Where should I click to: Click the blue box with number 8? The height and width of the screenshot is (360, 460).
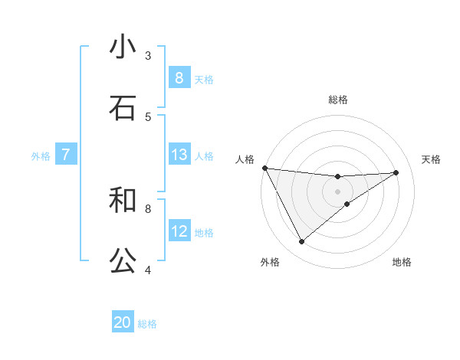click(x=179, y=77)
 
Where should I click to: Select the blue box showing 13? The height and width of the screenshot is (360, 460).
click(x=179, y=155)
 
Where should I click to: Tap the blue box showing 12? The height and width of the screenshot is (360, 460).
click(x=179, y=231)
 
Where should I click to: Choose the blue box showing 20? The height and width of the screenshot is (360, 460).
click(x=123, y=322)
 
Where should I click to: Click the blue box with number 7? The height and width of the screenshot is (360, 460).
click(x=66, y=155)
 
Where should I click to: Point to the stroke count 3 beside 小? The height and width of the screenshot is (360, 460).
click(x=148, y=55)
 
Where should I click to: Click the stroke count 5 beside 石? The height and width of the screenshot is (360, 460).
click(x=148, y=116)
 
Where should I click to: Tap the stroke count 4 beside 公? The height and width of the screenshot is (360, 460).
click(x=148, y=270)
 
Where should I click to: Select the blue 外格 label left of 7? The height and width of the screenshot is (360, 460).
click(x=41, y=155)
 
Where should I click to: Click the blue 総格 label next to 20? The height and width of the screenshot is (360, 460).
click(x=147, y=323)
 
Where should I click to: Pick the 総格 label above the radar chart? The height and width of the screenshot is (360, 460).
click(x=338, y=100)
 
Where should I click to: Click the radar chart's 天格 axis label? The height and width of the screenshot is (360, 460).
click(x=431, y=159)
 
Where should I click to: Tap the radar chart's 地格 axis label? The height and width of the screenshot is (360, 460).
click(x=402, y=262)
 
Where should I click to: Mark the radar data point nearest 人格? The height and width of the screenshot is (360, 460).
click(x=264, y=168)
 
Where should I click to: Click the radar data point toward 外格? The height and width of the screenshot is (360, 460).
click(x=301, y=242)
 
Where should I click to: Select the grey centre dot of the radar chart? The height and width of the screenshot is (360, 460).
click(x=338, y=191)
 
